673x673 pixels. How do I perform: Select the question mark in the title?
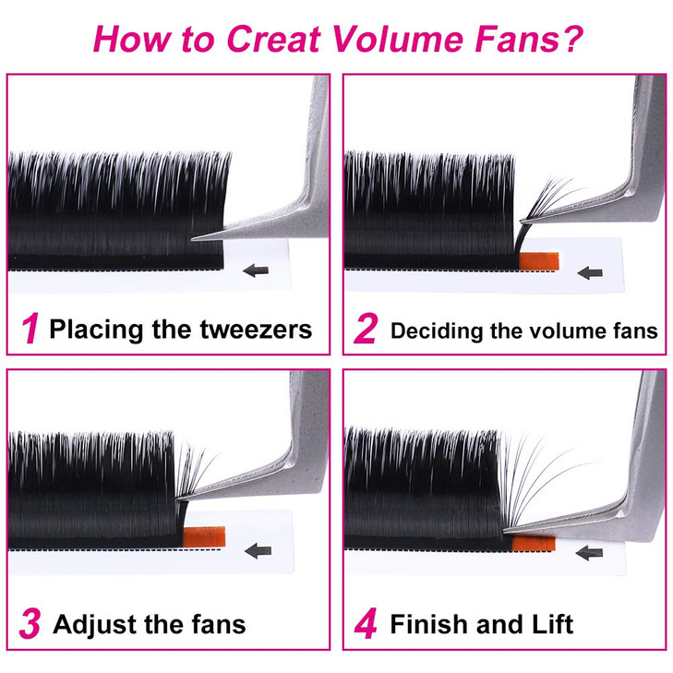tap(569, 39)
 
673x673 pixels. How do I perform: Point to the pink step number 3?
tap(30, 624)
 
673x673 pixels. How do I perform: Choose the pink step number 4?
tap(366, 624)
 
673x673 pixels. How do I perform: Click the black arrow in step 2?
tap(590, 273)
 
